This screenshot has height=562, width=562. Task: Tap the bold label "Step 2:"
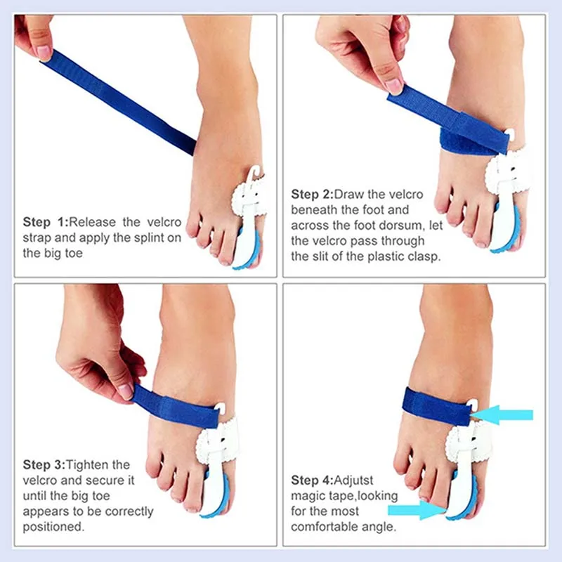312,195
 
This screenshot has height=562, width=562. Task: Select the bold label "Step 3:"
44,465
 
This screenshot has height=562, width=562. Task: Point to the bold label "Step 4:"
312,481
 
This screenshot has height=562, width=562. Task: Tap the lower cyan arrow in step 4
417,510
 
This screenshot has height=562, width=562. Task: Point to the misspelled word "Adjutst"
353,481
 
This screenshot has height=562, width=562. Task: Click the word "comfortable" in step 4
325,527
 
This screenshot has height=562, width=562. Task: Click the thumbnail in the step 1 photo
44,53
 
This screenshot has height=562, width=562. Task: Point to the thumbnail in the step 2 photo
393,86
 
